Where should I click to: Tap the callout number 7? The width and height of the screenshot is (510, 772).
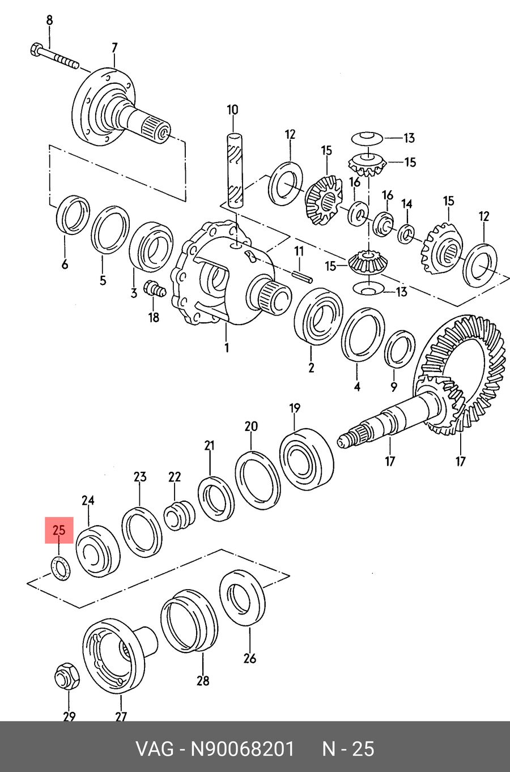tap(114, 48)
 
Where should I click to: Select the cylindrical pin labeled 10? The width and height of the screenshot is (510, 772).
tap(234, 170)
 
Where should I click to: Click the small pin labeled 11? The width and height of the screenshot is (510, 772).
tap(302, 277)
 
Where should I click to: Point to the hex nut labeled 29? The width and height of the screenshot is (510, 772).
tap(67, 676)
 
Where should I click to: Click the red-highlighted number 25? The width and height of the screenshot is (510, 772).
tap(59, 530)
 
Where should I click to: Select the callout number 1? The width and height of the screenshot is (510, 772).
tap(227, 348)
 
